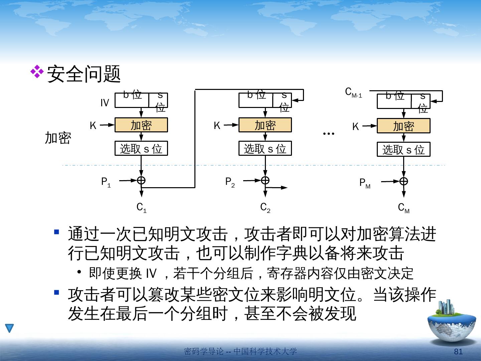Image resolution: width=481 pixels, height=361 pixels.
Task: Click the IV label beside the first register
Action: pyautogui.click(x=105, y=103)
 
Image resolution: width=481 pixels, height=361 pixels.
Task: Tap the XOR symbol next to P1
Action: pyautogui.click(x=141, y=180)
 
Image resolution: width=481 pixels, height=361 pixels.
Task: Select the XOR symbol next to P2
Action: pyautogui.click(x=265, y=180)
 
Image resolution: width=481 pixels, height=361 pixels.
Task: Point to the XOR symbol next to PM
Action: pyautogui.click(x=404, y=181)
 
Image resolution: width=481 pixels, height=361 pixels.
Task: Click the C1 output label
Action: pyautogui.click(x=142, y=208)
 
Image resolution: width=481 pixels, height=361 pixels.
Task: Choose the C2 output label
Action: pyautogui.click(x=265, y=208)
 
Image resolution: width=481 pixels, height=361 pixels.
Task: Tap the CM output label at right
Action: pyautogui.click(x=404, y=208)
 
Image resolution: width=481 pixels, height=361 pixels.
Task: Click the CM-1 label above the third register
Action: pyautogui.click(x=353, y=93)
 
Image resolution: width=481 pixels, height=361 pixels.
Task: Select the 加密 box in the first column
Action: pyautogui.click(x=141, y=125)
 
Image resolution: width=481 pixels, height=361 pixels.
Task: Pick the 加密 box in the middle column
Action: pyautogui.click(x=265, y=125)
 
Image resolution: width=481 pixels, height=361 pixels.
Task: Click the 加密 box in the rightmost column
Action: pyautogui.click(x=404, y=126)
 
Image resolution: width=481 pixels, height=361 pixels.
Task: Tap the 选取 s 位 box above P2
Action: pyautogui.click(x=265, y=148)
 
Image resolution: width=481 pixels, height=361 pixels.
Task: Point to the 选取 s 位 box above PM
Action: pyautogui.click(x=404, y=149)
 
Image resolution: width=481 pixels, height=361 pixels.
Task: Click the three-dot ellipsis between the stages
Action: pyautogui.click(x=329, y=133)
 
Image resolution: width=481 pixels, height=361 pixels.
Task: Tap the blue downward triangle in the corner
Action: pyautogui.click(x=9, y=328)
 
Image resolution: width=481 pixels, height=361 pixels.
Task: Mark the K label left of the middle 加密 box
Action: pyautogui.click(x=217, y=126)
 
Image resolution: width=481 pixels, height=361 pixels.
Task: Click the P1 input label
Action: pyautogui.click(x=106, y=182)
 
